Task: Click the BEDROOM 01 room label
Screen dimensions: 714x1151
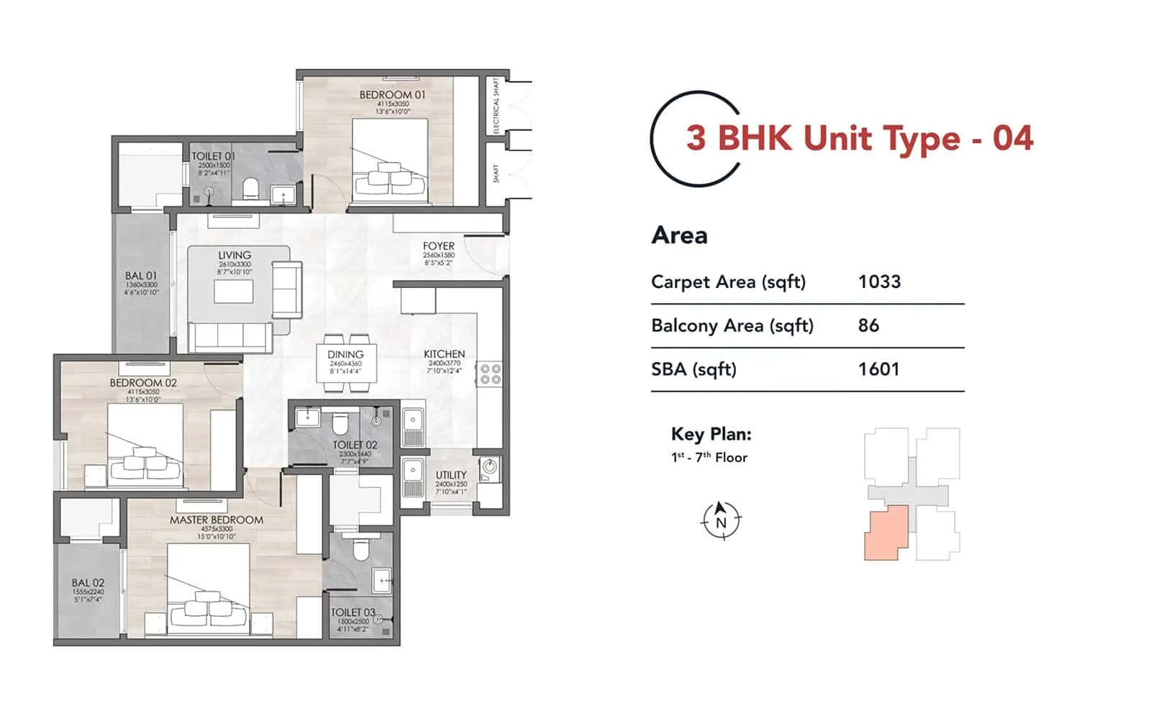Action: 392,95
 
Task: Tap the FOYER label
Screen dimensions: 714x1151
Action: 438,246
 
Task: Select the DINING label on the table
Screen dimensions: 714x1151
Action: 345,355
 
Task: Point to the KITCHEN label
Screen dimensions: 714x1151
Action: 444,354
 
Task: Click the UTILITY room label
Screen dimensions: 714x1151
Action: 451,475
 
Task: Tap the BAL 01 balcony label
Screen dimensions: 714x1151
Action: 141,276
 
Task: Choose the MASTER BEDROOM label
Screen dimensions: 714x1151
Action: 217,520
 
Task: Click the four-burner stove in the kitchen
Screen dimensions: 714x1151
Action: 491,374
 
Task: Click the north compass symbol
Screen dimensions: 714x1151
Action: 721,520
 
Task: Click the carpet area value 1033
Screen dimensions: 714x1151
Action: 879,281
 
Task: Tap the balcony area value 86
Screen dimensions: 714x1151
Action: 868,325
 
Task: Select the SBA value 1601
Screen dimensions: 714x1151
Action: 878,369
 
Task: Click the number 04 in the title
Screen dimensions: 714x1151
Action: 1013,138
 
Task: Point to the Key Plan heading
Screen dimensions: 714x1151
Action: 711,434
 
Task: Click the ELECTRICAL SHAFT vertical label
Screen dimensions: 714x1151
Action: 496,106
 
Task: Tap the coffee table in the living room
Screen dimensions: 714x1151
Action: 234,292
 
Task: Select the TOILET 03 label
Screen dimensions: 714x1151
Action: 352,613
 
